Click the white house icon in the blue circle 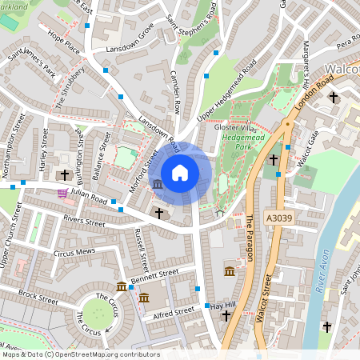pos(180,172)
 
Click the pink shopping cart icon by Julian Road pos(62,193)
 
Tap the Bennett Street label pos(155,275)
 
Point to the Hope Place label pos(63,43)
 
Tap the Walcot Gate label pos(305,145)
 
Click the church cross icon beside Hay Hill pos(226,317)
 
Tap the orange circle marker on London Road pos(286,124)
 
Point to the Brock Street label pos(38,297)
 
